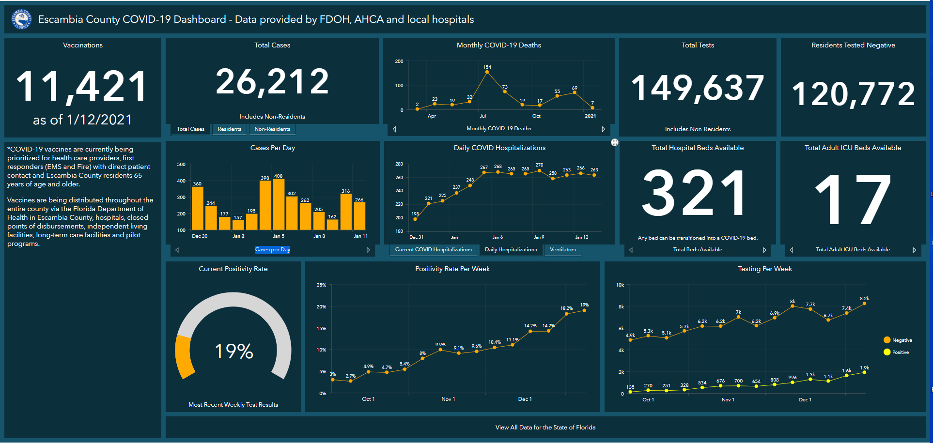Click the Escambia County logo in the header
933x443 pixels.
tap(21, 19)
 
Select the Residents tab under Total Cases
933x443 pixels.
tap(229, 129)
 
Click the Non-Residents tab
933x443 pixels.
tap(272, 129)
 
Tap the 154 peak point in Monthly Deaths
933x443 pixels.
tap(487, 72)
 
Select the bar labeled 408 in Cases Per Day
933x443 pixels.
tap(279, 203)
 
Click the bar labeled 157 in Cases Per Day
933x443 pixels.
tap(238, 225)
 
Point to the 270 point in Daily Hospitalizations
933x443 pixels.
tap(539, 170)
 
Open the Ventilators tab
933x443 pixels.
tap(562, 250)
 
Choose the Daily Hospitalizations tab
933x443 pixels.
tap(511, 250)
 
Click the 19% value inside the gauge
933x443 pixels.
tap(233, 351)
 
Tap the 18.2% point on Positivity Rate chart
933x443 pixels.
tap(566, 314)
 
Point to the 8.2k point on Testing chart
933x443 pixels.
tap(864, 304)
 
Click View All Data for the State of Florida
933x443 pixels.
tap(545, 428)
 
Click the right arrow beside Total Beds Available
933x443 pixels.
tap(764, 250)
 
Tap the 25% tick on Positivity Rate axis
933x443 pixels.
tap(321, 285)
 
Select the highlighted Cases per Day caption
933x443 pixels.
tap(272, 250)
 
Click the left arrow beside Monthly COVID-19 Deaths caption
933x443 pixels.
tap(394, 129)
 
